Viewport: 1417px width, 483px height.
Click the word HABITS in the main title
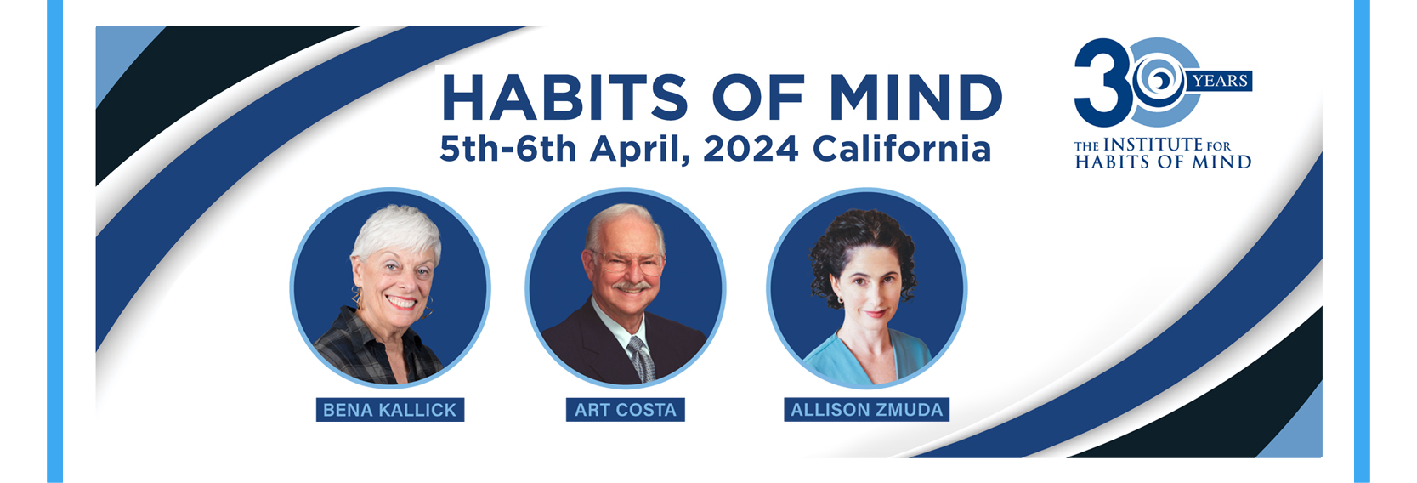[x=564, y=97]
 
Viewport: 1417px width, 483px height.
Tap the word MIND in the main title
[x=916, y=97]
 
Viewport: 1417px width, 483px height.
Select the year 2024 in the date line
[x=751, y=149]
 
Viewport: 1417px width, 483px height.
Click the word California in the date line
[x=901, y=149]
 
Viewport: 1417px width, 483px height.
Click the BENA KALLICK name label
[x=389, y=410]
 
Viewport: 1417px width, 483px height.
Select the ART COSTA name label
[x=625, y=410]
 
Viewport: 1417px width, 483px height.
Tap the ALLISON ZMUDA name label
[x=867, y=410]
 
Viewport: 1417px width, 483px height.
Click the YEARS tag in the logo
[x=1221, y=81]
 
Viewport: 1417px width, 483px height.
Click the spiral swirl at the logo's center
[x=1159, y=79]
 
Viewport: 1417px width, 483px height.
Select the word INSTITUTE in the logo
[x=1153, y=145]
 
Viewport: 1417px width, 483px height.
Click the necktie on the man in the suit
[x=642, y=360]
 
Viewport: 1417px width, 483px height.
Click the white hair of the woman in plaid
[x=396, y=233]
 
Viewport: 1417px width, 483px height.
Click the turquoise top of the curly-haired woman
[x=870, y=361]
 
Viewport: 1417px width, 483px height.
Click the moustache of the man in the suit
[x=632, y=287]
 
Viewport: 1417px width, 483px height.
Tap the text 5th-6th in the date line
[x=508, y=149]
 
